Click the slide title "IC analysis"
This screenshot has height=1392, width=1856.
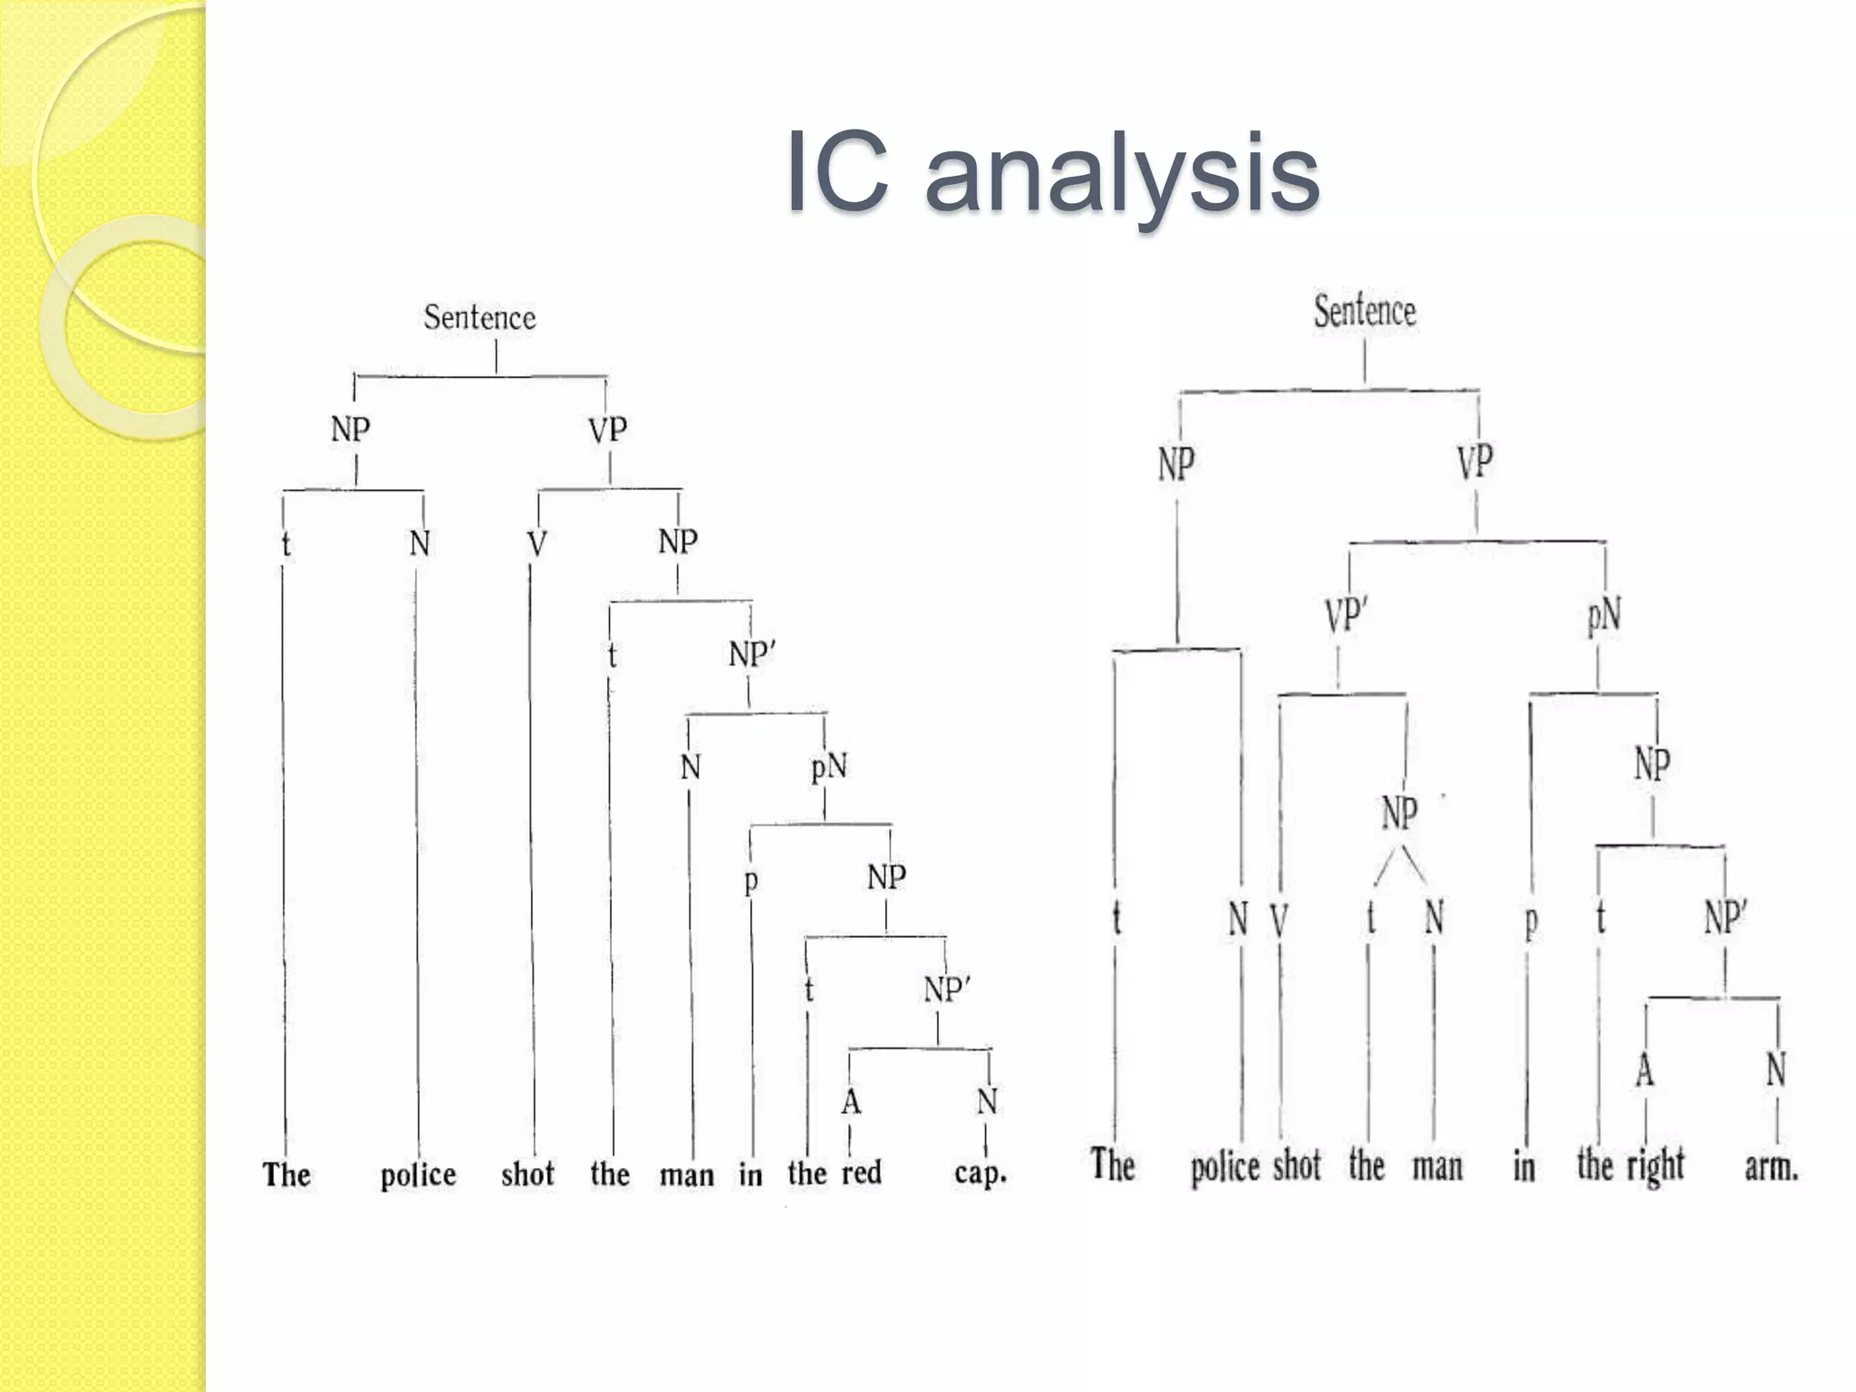point(1052,172)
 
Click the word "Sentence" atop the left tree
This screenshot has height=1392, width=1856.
point(479,317)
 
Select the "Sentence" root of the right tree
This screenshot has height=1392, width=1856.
point(1365,311)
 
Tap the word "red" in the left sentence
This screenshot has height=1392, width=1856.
point(861,1173)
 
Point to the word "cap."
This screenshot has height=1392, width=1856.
point(981,1173)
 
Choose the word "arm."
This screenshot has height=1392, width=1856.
point(1772,1165)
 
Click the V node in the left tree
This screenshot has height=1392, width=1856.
point(536,545)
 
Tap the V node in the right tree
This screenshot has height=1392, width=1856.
point(1279,921)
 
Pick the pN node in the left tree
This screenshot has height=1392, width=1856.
point(828,768)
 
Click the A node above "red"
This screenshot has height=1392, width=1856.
point(850,1102)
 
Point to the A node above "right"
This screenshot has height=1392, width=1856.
point(1645,1071)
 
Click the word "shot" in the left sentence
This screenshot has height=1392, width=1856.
point(527,1174)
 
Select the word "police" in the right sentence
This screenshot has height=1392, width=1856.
point(1225,1167)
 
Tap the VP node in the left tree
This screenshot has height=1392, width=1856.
point(607,430)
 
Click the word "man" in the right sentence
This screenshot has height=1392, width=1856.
point(1438,1166)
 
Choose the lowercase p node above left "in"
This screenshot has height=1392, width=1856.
point(750,881)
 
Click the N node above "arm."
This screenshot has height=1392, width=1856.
point(1776,1070)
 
